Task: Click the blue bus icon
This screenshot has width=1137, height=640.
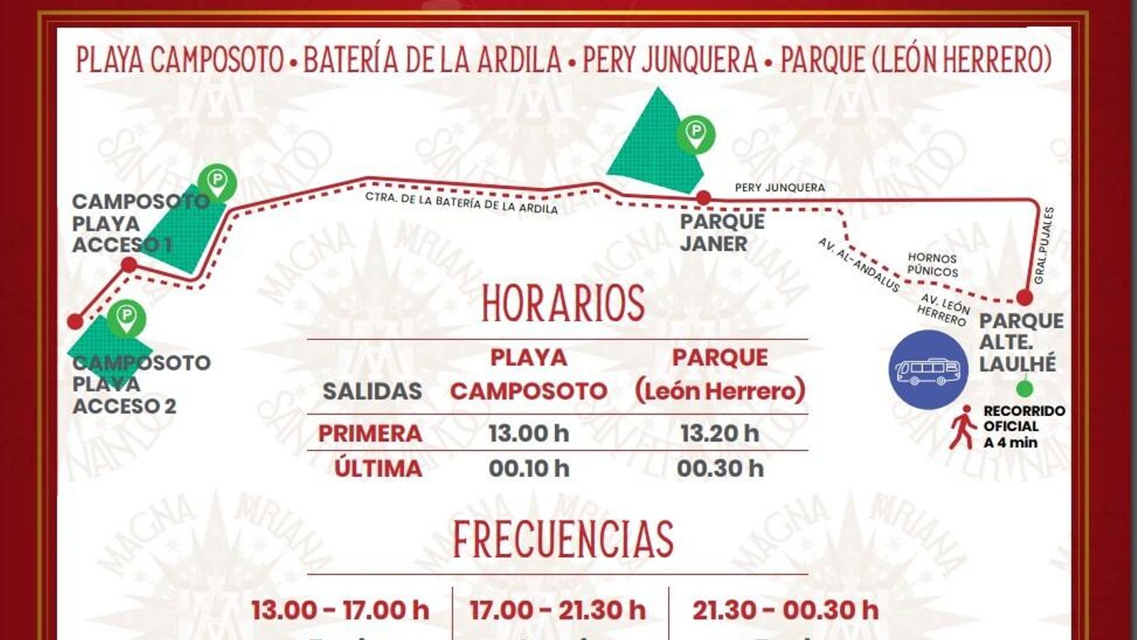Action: point(928,369)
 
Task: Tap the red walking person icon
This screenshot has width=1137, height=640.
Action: point(963,427)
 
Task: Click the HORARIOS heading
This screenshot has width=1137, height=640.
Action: point(563,303)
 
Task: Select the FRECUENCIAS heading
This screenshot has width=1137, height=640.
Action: point(563,539)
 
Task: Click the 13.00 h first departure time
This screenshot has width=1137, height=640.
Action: point(529,433)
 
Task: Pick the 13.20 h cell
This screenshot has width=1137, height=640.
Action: point(719,433)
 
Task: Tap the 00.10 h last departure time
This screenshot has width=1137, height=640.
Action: point(529,469)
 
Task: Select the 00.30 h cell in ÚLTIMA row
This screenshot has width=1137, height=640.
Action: point(719,469)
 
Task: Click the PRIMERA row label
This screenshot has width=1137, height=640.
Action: point(370,433)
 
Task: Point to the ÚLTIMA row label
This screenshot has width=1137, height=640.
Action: point(378,469)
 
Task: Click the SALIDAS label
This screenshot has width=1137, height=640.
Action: point(372,391)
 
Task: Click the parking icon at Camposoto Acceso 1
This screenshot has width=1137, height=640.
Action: point(217,181)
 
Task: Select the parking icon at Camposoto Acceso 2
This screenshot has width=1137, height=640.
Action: point(126,317)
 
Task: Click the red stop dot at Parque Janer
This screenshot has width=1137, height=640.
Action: point(704,197)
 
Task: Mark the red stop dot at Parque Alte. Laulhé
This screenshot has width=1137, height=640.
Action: point(1024,297)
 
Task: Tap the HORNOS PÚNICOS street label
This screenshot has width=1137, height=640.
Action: point(932,265)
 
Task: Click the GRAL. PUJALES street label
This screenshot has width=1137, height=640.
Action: point(1044,245)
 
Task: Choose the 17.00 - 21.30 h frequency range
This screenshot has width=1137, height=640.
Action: point(557,610)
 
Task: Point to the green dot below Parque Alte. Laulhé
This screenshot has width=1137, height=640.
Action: point(1024,389)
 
